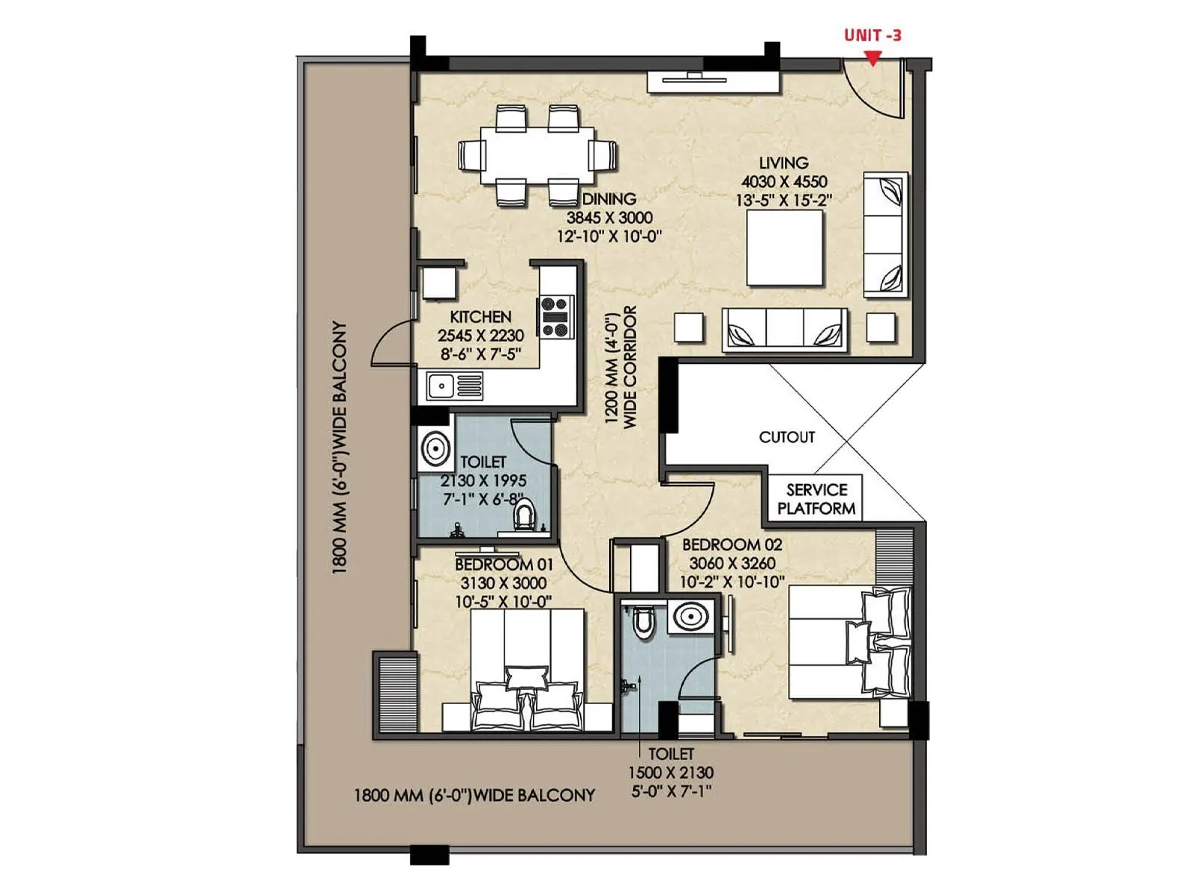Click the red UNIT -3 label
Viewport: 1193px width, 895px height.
872,35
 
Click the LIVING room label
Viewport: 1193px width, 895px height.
783,163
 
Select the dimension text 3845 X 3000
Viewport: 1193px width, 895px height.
609,218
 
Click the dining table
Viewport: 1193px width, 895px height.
538,155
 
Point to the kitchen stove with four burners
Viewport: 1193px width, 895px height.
555,316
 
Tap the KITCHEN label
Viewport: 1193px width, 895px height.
480,317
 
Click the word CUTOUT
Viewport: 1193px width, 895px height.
787,437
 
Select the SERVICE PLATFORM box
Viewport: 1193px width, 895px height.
815,499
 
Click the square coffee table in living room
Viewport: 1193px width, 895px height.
785,248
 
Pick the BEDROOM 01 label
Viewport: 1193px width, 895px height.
504,565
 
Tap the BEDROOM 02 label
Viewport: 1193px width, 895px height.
732,544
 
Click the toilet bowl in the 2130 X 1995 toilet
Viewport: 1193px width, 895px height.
526,515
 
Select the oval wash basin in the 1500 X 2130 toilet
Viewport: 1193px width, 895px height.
691,617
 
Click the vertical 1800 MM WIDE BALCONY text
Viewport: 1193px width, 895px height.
339,447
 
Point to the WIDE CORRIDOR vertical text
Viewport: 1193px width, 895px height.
630,367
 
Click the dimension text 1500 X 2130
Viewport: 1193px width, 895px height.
670,773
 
